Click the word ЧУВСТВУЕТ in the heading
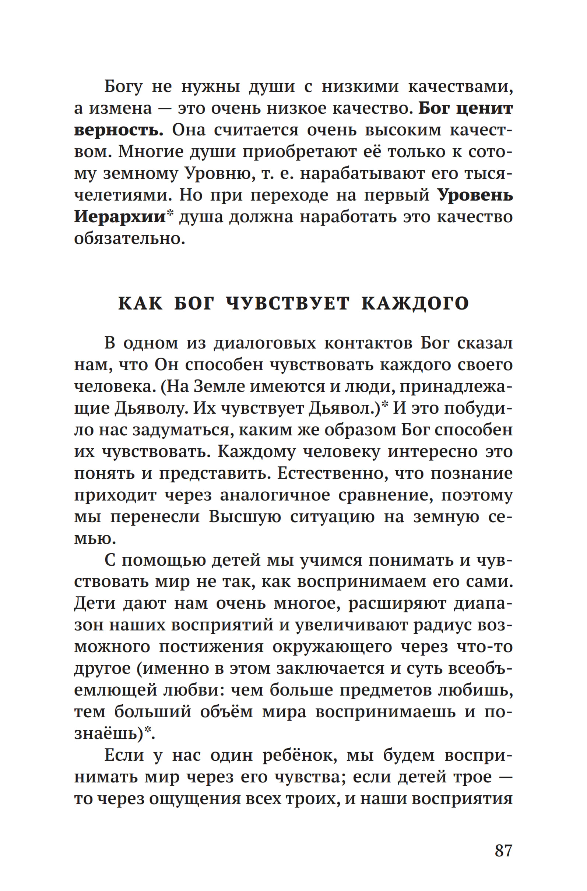[x=288, y=303]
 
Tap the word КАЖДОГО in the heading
[x=415, y=303]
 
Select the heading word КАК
[x=140, y=303]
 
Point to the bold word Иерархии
[x=120, y=216]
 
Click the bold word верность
[x=118, y=130]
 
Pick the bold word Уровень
[x=475, y=195]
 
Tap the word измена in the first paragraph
[x=120, y=109]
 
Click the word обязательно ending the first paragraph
[x=129, y=238]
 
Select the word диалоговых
[x=265, y=343]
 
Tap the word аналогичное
[x=275, y=495]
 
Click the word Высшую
[x=245, y=517]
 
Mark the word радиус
[x=437, y=625]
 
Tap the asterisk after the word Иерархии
[x=170, y=213]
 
